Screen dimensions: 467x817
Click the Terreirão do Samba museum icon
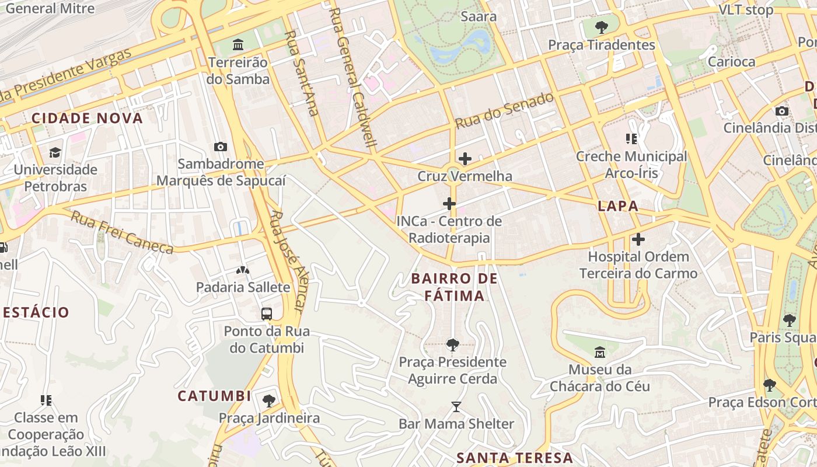[238, 44]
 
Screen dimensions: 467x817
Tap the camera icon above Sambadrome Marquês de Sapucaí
[221, 147]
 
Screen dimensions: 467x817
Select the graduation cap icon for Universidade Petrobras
[55, 152]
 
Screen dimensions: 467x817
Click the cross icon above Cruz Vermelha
[465, 158]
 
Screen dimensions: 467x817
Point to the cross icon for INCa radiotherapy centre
[449, 204]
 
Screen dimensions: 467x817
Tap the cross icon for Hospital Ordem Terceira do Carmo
[638, 239]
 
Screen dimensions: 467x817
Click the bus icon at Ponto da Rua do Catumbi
[267, 313]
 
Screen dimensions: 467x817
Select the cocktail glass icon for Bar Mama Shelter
[456, 406]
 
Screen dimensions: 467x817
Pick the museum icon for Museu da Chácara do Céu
[599, 352]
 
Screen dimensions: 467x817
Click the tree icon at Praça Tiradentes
[601, 27]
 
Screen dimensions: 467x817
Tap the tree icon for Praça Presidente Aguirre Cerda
[452, 344]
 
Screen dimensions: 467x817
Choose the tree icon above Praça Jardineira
[269, 400]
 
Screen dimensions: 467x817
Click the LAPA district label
[617, 206]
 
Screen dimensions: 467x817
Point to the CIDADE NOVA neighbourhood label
[87, 119]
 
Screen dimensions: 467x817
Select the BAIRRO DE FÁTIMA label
[455, 287]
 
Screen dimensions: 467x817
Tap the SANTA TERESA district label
[515, 458]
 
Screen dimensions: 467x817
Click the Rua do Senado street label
[504, 111]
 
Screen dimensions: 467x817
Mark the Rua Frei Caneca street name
[122, 233]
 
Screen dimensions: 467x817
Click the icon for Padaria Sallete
[242, 270]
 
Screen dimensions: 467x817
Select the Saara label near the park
[479, 16]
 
